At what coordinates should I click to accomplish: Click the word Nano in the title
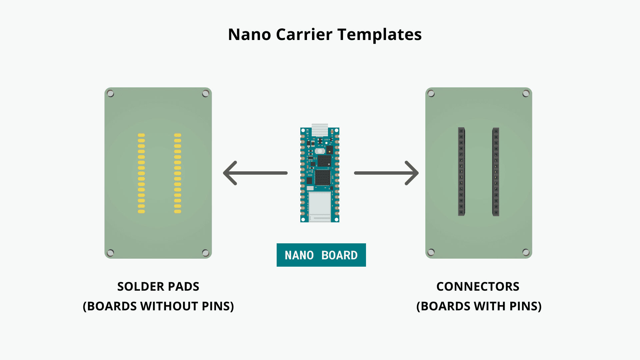pos(249,35)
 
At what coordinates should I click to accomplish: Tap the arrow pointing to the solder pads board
pos(255,173)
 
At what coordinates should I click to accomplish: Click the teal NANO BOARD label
pos(321,255)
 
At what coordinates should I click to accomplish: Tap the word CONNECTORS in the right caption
pos(478,287)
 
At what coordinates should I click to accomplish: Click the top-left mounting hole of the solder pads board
pos(111,94)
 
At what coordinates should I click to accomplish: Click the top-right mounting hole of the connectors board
pos(526,94)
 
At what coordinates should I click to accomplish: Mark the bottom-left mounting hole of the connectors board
pos(431,252)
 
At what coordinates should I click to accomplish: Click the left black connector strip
pos(461,172)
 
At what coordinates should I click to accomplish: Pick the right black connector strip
pos(496,172)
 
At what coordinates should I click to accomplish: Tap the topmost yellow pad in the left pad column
pos(141,135)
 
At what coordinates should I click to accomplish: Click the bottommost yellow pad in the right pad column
pos(178,211)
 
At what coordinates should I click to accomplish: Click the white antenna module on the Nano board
pos(320,204)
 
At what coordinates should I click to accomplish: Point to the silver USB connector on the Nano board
pos(320,130)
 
